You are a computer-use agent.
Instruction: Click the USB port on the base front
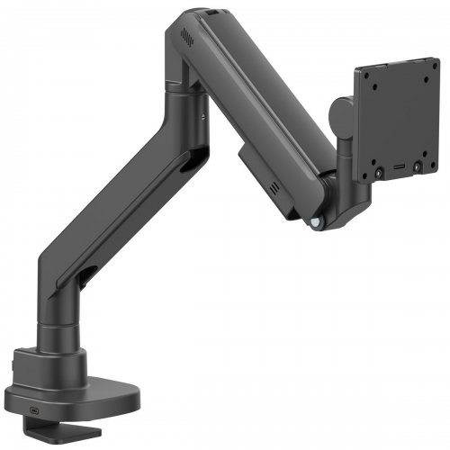[x=35, y=404]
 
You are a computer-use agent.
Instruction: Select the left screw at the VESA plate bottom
[x=379, y=170]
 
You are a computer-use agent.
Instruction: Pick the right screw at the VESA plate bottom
[x=418, y=167]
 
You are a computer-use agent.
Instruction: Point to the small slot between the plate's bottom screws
[x=399, y=169]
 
